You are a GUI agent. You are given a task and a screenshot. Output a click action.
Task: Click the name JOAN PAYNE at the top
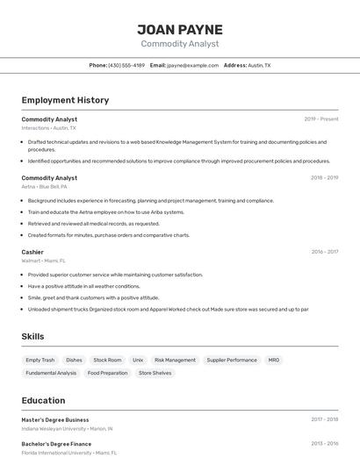(180, 29)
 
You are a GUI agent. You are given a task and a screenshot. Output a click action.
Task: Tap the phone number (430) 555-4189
(126, 65)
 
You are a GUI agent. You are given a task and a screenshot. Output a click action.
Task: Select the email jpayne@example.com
(192, 65)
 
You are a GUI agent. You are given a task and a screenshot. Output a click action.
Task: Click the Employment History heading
(65, 100)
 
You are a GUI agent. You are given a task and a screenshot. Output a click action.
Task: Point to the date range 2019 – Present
(320, 119)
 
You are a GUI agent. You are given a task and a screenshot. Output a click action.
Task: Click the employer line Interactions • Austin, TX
(48, 128)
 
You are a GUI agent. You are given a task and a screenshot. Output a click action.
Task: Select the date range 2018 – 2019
(324, 178)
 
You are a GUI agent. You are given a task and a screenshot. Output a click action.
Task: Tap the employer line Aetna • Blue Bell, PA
(44, 187)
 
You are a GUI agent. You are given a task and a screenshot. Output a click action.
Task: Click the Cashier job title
(32, 252)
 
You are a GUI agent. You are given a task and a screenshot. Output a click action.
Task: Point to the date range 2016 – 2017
(324, 252)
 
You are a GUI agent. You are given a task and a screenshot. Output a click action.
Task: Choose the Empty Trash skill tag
(40, 360)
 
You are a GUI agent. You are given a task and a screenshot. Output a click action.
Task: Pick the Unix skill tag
(138, 360)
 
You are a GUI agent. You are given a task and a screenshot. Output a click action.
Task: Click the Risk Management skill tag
(175, 360)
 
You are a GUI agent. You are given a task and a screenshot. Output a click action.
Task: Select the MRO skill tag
(274, 360)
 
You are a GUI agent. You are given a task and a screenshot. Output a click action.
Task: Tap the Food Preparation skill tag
(107, 373)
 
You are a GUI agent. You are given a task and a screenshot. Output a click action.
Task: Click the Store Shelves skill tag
(155, 373)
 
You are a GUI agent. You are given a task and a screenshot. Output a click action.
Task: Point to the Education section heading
(43, 400)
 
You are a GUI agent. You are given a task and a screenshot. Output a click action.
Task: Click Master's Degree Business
(55, 419)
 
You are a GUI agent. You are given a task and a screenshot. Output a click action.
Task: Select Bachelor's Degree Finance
(56, 444)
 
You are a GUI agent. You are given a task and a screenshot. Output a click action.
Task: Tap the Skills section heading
(32, 336)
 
